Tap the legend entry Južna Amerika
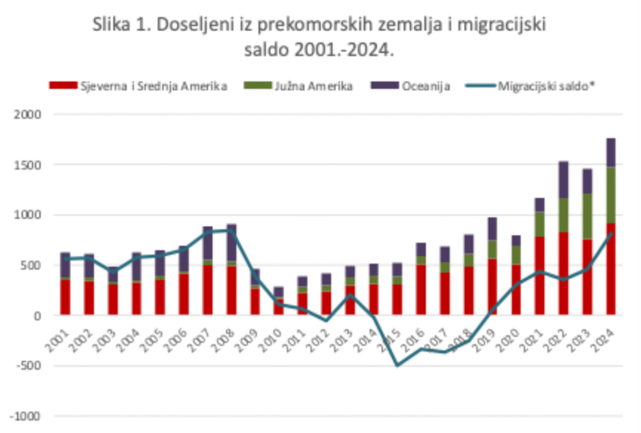[313, 86]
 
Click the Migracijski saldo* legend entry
[545, 86]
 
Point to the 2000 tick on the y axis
[28, 115]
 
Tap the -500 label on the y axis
[29, 366]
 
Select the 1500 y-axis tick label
[28, 165]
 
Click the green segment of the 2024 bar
[610, 195]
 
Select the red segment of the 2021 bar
[540, 275]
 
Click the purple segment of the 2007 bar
[208, 243]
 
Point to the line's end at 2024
[610, 233]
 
